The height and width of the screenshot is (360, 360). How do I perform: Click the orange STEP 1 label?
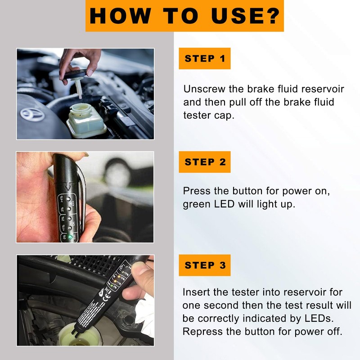pos(205,58)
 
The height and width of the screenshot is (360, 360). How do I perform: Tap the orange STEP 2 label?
pos(205,162)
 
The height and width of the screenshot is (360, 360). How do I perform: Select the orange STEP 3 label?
pos(205,265)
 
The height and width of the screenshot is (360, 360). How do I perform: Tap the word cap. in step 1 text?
pos(223,115)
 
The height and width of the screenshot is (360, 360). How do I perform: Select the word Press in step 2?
pos(196,191)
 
